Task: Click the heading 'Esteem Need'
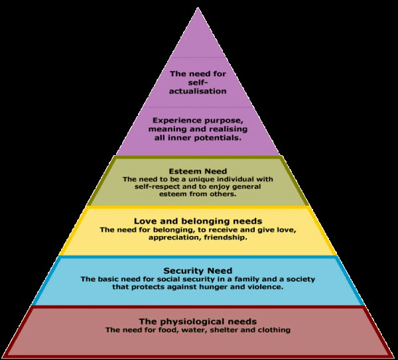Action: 198,171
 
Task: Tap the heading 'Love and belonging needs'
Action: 198,221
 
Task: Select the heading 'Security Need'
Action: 198,271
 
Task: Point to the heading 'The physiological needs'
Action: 198,321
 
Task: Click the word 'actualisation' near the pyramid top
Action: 198,91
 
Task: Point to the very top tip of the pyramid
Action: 198,9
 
